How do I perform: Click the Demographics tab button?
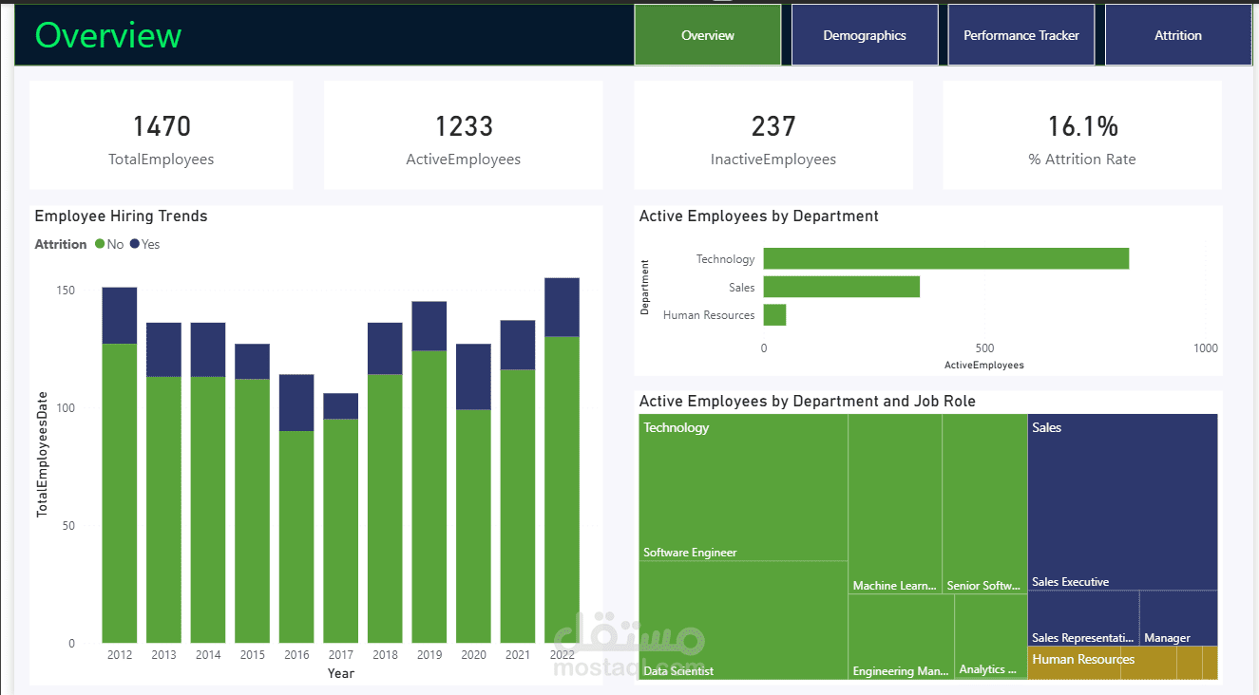tap(865, 35)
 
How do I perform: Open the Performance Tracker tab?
tap(1021, 35)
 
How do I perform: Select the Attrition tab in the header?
tap(1178, 35)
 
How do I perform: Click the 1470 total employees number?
tap(162, 126)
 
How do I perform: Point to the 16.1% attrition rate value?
tap(1082, 126)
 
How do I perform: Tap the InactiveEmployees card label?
tap(773, 160)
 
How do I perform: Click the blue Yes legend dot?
tap(134, 244)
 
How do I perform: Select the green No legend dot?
tap(100, 244)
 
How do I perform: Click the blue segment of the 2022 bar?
tap(563, 308)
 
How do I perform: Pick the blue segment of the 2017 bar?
tap(340, 406)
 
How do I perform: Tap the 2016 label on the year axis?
tap(296, 655)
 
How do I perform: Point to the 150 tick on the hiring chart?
tap(66, 291)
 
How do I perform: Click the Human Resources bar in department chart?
tap(774, 315)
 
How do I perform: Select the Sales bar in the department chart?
tap(842, 287)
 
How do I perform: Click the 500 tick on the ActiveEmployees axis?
tap(984, 348)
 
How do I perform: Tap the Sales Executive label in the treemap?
tap(1070, 582)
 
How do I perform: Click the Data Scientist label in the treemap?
tap(678, 671)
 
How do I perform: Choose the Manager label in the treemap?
tap(1167, 638)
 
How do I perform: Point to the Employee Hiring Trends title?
tap(121, 216)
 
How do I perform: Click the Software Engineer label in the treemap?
tap(690, 553)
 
